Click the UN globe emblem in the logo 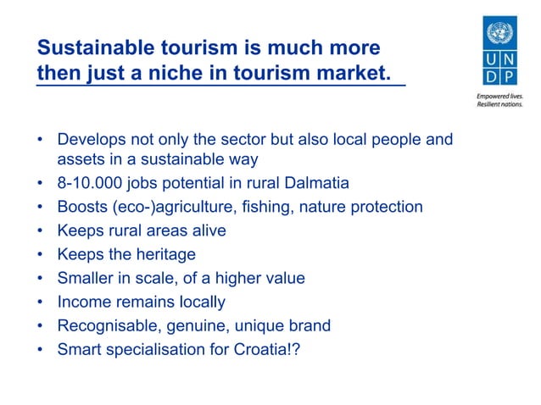pyautogui.click(x=503, y=34)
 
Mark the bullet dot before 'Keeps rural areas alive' pyautogui.click(x=41, y=230)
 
